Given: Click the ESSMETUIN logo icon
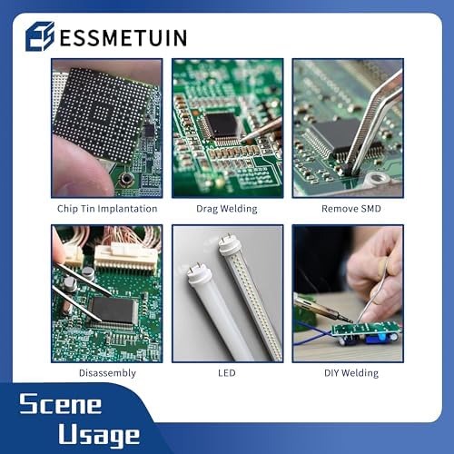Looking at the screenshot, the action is click(x=40, y=36).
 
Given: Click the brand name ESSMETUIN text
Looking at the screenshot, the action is click(x=123, y=38).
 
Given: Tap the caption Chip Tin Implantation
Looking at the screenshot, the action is click(x=107, y=209).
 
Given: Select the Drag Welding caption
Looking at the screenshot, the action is click(x=227, y=209).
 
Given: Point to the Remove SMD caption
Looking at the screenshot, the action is click(x=351, y=209).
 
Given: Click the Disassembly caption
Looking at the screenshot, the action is click(x=107, y=373).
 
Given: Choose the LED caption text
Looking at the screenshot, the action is click(x=227, y=373).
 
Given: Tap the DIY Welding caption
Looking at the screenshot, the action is click(x=351, y=373).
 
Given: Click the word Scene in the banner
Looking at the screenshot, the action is click(x=61, y=403).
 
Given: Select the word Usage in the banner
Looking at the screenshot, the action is click(x=99, y=435).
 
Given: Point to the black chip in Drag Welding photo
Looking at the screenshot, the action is click(x=222, y=124).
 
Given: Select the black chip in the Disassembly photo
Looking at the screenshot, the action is click(x=113, y=310).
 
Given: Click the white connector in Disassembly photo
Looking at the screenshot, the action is click(x=125, y=257).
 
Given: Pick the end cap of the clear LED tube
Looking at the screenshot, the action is click(x=228, y=246).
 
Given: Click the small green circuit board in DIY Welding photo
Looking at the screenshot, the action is click(x=366, y=330).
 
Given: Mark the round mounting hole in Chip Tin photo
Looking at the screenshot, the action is click(x=125, y=180).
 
